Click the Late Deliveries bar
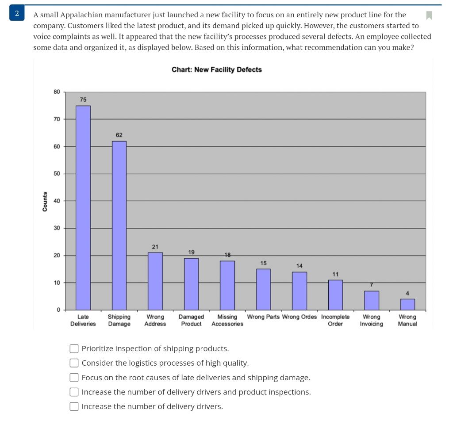pos(83,208)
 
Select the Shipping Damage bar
pos(119,226)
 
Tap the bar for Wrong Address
pos(155,281)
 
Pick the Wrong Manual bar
pos(407,304)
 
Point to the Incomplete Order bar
pos(335,294)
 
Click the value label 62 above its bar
pos(119,135)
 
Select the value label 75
pos(83,99)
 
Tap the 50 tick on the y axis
pos(57,174)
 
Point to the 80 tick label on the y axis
pos(57,92)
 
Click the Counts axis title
pos(45,201)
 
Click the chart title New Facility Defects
pos(217,70)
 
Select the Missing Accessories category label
pos(227,320)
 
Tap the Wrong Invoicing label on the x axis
pos(372,320)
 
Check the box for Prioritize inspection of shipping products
pos(74,349)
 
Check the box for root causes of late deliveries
pos(74,378)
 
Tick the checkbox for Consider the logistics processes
pos(74,363)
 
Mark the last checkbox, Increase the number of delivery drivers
pos(74,407)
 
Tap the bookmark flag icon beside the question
pos(428,15)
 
